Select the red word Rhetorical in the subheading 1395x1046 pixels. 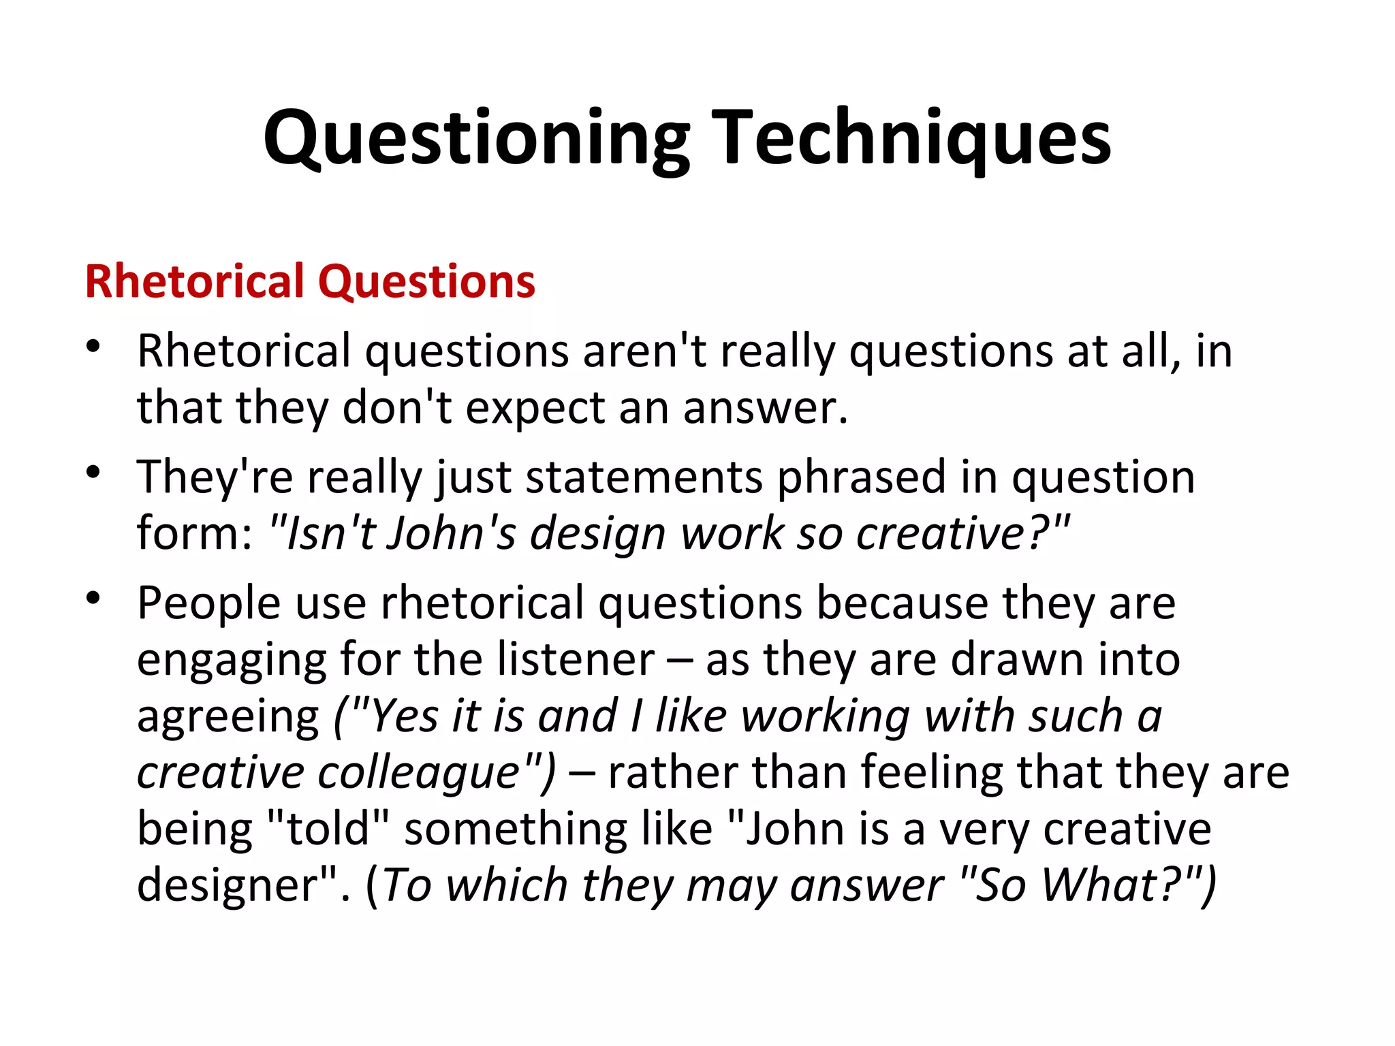pos(195,281)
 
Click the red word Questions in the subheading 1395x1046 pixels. pos(427,281)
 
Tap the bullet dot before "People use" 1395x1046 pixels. pos(93,598)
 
